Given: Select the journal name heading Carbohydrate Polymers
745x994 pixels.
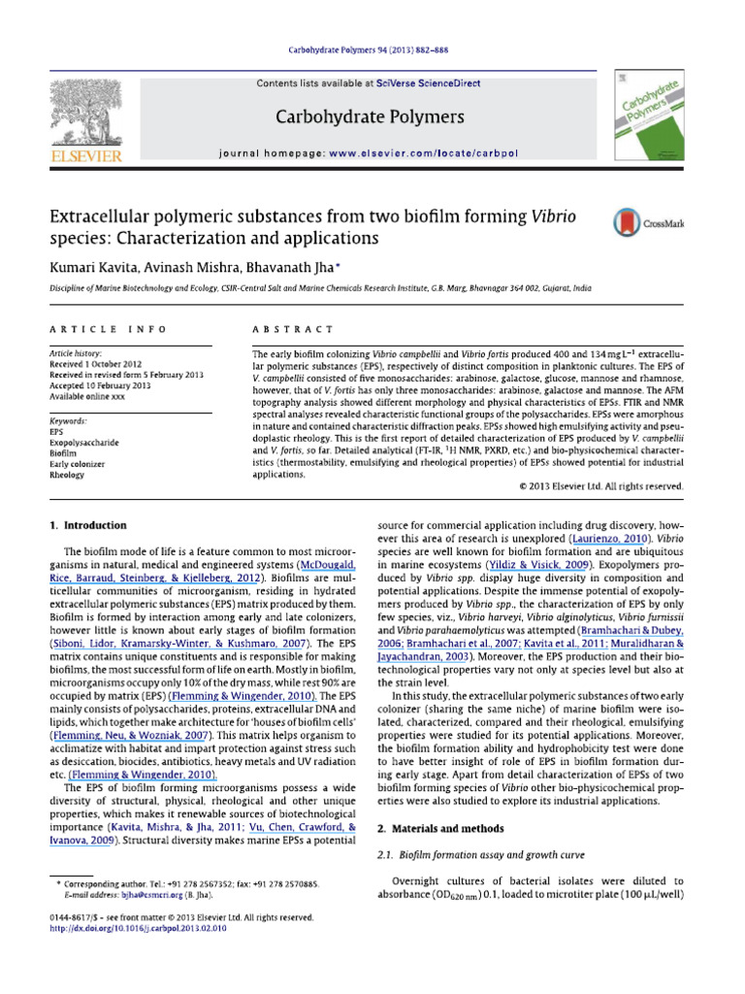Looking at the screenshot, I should (370, 117).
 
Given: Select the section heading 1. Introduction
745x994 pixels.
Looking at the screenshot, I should (88, 525).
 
